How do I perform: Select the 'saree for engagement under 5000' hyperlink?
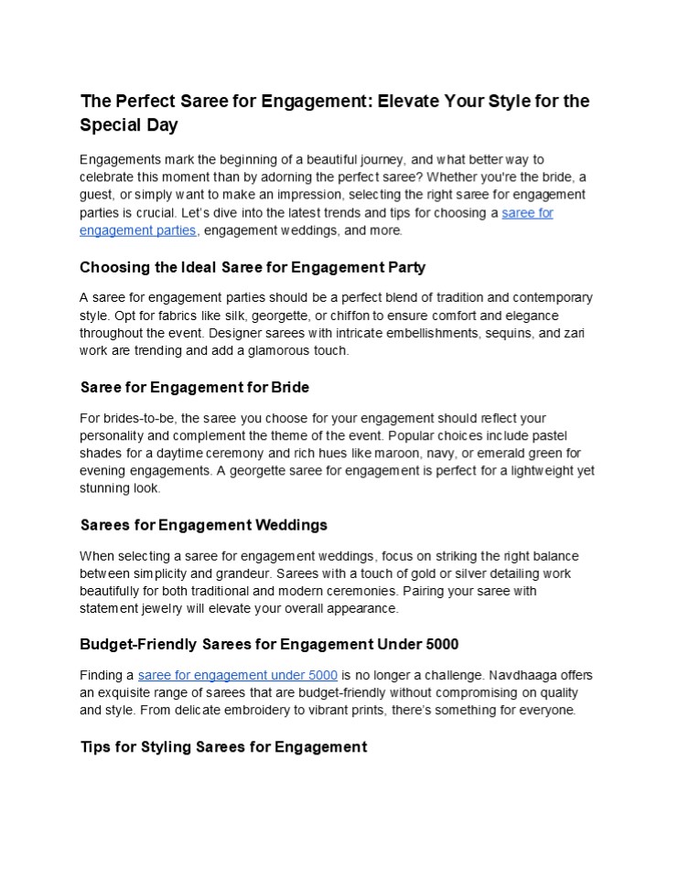238,675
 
